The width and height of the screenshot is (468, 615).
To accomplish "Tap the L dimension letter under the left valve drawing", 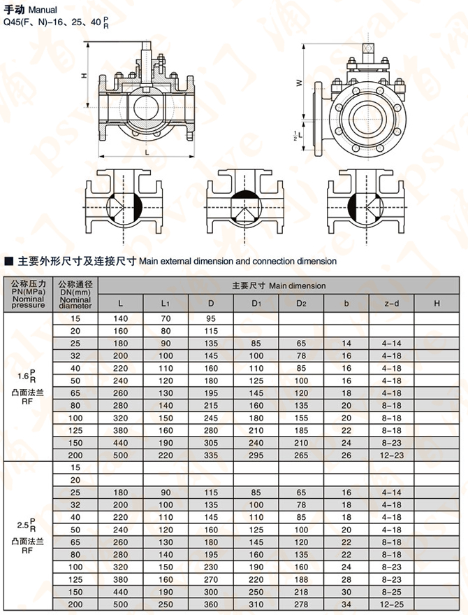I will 146,151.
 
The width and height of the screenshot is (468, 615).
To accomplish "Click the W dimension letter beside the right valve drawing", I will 299,82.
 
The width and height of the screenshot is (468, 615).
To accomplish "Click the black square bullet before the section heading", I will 9,261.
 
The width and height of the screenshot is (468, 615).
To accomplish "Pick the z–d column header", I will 391,303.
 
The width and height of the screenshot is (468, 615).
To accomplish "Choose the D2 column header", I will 301,303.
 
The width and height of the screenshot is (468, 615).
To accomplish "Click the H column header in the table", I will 437,303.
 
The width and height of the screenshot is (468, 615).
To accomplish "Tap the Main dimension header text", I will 279,285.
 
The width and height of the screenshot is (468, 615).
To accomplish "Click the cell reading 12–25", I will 391,603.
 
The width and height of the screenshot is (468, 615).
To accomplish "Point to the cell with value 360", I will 211,603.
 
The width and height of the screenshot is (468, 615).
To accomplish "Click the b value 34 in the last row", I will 346,603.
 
